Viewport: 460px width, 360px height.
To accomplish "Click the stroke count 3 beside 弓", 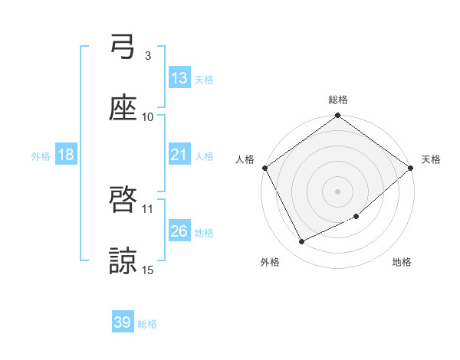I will click(x=148, y=55).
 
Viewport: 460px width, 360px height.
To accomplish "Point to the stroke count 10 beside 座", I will click(x=148, y=116).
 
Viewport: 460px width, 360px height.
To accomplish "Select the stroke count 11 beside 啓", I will click(x=148, y=208).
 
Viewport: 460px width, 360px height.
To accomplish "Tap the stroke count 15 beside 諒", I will click(x=148, y=270).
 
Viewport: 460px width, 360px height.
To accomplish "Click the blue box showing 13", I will click(x=179, y=78).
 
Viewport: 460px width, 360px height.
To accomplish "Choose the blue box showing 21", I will click(x=179, y=155).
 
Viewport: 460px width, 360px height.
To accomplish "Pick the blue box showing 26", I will click(x=179, y=231).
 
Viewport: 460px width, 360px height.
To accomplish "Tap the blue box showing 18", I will click(x=66, y=155).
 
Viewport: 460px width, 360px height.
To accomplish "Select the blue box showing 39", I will click(x=123, y=322).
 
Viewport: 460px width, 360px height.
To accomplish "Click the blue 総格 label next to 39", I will click(x=148, y=324).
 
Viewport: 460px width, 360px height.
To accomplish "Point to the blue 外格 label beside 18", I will click(x=41, y=156).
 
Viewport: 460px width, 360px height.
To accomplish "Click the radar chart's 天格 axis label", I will click(x=431, y=159).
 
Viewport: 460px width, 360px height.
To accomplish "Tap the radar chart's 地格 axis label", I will click(x=402, y=263).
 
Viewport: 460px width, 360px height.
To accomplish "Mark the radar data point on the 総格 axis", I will click(x=337, y=116).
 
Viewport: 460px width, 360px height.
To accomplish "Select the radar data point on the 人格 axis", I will click(x=264, y=168).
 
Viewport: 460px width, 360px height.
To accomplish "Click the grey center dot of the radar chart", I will click(x=337, y=191).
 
